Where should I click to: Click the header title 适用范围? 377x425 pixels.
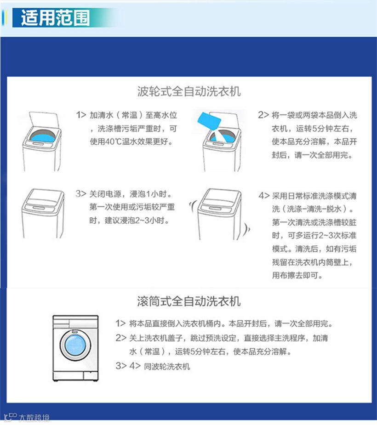(55, 17)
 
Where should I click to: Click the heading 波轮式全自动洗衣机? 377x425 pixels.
(189, 91)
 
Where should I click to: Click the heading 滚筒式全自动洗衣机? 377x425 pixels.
(189, 301)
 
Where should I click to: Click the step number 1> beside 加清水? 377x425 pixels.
(81, 115)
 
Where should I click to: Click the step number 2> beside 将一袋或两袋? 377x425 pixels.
(263, 115)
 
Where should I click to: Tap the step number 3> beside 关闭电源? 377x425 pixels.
(81, 194)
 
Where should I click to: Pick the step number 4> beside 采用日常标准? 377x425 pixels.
(264, 196)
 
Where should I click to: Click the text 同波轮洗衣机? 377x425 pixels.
(167, 367)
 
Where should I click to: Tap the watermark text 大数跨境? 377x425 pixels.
(34, 418)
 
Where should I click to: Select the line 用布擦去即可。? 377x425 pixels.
(297, 275)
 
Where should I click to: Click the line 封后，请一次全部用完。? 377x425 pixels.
(312, 155)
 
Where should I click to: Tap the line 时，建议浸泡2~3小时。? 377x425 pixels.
(129, 221)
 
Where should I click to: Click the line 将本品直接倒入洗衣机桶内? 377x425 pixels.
(177, 323)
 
